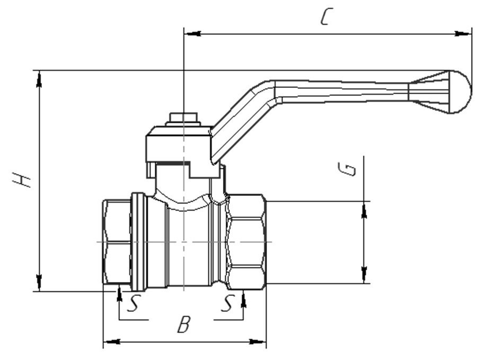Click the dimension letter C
[x=326, y=16]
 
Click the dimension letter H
[x=21, y=180]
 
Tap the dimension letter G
[x=348, y=169]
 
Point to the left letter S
[x=133, y=303]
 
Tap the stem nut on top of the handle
[x=183, y=119]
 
